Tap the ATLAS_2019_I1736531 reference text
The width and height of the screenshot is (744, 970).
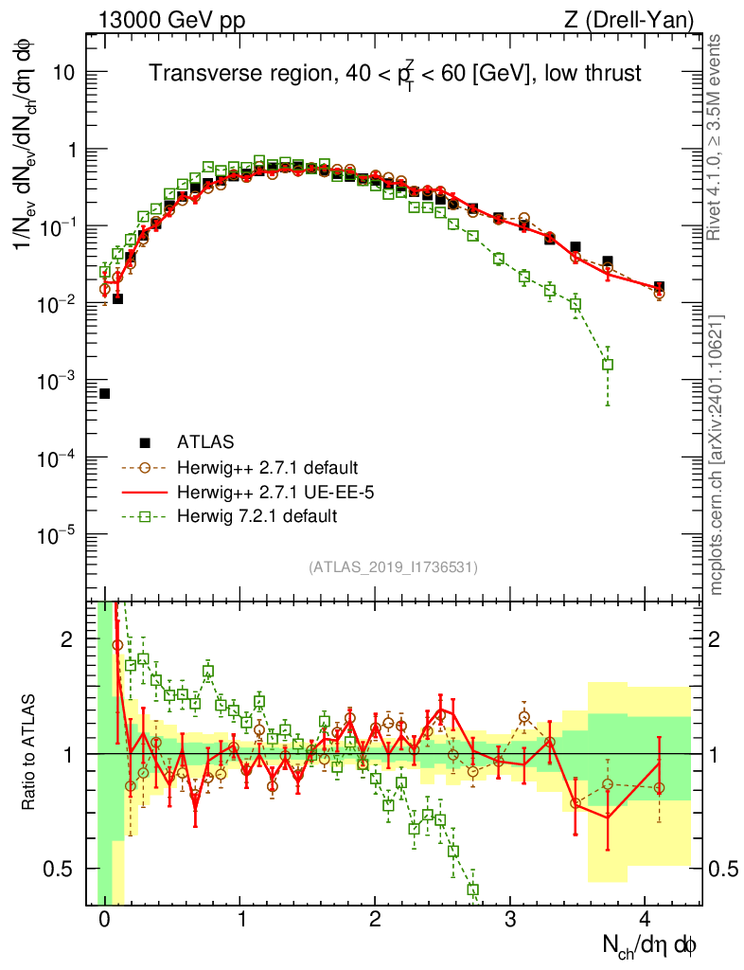[393, 567]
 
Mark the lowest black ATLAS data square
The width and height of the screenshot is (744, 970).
[104, 393]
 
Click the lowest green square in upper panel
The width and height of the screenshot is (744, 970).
[608, 364]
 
